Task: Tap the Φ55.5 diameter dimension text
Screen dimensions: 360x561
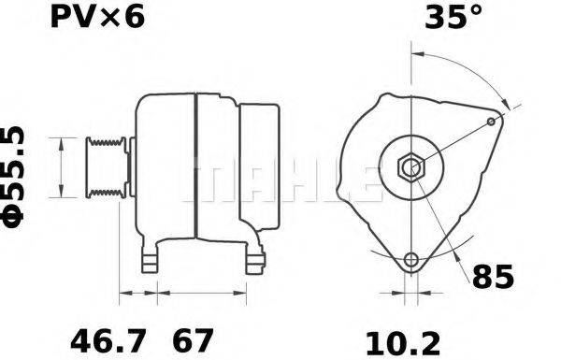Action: (17, 178)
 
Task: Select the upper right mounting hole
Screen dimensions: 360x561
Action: (493, 122)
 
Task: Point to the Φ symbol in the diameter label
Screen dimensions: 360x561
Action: (17, 217)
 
